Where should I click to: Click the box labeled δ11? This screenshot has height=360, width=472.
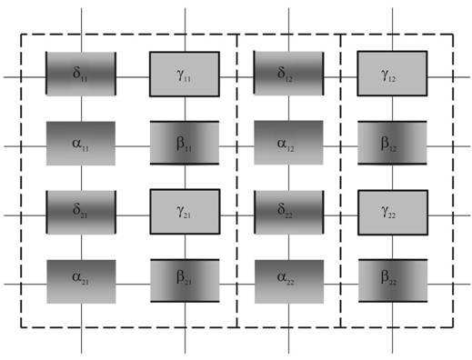pos(81,74)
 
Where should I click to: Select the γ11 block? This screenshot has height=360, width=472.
pos(185,75)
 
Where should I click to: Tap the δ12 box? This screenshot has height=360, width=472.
pos(288,73)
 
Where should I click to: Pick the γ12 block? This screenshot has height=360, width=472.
pos(392,74)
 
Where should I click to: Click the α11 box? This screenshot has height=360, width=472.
pos(81,144)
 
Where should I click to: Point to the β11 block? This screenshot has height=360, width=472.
pos(185,143)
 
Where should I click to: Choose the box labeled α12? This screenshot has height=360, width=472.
pos(288,143)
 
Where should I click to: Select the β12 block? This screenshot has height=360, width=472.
pos(392,143)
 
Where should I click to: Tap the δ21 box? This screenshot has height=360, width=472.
pos(81,212)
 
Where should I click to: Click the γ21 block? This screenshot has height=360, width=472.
pos(185,212)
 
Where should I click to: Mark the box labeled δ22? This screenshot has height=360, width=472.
pos(289,212)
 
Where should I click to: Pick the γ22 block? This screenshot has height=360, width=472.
pos(393,213)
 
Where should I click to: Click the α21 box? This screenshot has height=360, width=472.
pos(81,282)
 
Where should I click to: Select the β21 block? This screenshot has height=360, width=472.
pos(185,281)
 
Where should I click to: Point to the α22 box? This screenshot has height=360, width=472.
pos(289,282)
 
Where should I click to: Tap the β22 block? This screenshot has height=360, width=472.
pos(393,281)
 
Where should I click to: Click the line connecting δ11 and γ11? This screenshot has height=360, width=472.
pos(133,77)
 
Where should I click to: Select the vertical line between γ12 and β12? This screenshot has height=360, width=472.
pos(393,108)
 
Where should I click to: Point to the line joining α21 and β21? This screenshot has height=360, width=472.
pos(133,285)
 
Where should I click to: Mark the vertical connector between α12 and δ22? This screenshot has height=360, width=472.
pos(288,177)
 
